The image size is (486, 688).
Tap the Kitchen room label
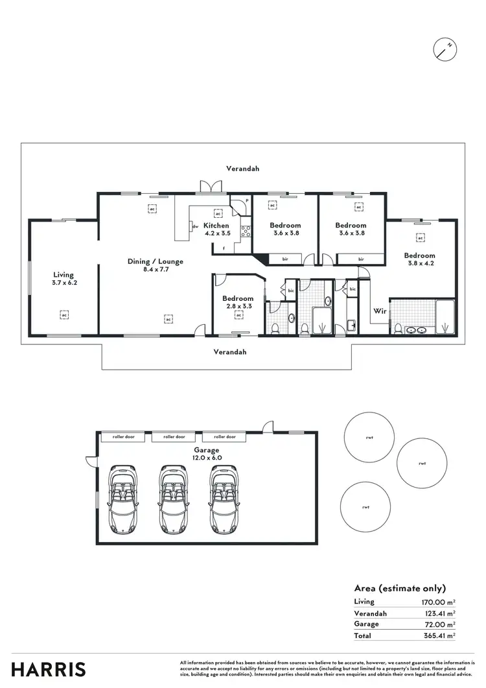pyautogui.click(x=216, y=228)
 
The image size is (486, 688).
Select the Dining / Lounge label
pyautogui.click(x=155, y=265)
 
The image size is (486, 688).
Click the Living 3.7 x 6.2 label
pyautogui.click(x=64, y=279)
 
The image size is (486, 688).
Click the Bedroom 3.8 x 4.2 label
pyautogui.click(x=419, y=259)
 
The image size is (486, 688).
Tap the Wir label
pyautogui.click(x=379, y=311)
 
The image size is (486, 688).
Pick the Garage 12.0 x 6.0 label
pyautogui.click(x=207, y=453)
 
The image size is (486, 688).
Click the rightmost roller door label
pyautogui.click(x=224, y=437)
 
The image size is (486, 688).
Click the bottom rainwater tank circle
pyautogui.click(x=367, y=507)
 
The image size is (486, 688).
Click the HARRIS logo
pyautogui.click(x=49, y=669)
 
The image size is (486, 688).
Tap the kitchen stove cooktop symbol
pyautogui.click(x=246, y=230)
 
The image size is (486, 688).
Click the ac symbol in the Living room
pyautogui.click(x=64, y=314)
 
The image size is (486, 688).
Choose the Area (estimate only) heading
pyautogui.click(x=400, y=589)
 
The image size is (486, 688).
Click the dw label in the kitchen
pyautogui.click(x=195, y=226)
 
